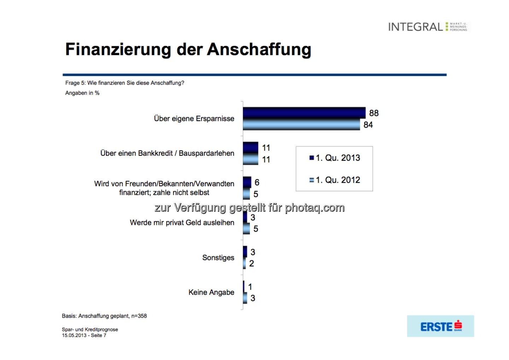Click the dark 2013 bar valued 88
point(304,113)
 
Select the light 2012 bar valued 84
point(301,124)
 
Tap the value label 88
point(374,113)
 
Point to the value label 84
point(368,125)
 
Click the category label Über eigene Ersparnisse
point(194,119)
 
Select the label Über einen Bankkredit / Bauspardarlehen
point(167,153)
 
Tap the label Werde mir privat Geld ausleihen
point(182,223)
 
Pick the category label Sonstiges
point(218,258)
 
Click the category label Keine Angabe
point(211,292)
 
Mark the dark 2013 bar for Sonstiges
point(245,252)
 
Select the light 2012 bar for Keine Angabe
point(245,298)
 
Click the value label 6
point(257,182)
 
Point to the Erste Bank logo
point(440,326)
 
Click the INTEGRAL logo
point(428,27)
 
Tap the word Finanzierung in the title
point(118,50)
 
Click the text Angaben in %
point(82,93)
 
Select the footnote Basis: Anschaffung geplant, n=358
point(104,316)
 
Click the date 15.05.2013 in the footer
point(74,335)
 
